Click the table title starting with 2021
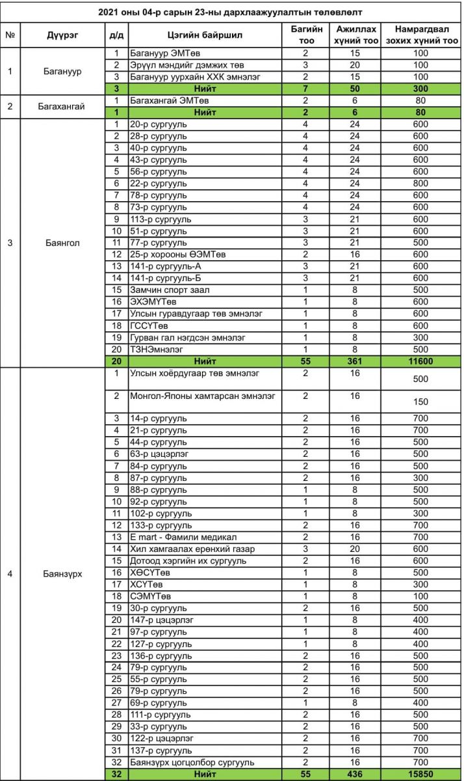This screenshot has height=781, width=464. point(231,12)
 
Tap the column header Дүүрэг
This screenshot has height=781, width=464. point(62,35)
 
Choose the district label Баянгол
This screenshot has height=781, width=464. point(62,243)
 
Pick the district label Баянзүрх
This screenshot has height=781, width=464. point(62,573)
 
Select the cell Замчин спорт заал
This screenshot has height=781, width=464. point(170,290)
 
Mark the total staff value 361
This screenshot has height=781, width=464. point(354,361)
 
